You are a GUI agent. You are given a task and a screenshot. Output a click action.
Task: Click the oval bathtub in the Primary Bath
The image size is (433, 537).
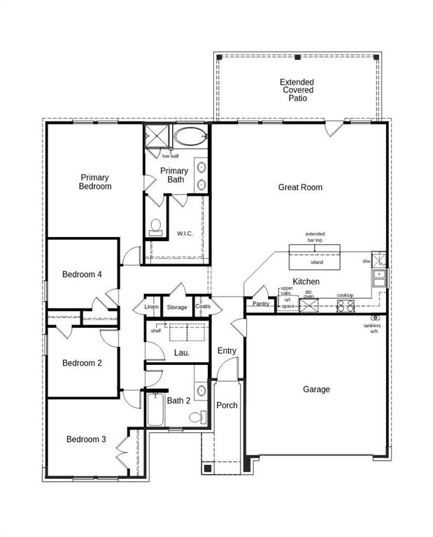(x=190, y=136)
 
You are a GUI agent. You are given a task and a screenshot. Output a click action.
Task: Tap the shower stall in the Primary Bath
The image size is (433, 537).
(x=157, y=136)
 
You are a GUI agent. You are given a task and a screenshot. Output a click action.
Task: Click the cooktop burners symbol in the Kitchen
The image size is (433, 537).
(x=346, y=305)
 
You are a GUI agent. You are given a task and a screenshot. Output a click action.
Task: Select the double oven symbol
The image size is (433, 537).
(x=308, y=306)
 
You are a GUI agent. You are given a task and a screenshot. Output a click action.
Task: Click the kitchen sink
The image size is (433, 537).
(x=378, y=278)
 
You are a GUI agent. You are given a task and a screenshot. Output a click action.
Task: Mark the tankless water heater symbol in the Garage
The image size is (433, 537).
(x=375, y=318)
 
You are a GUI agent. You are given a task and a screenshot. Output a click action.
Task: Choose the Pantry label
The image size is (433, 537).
(x=261, y=303)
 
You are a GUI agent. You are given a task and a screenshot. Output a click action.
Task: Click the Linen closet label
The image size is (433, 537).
(x=152, y=307)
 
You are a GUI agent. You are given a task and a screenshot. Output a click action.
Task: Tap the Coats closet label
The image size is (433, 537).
(x=203, y=306)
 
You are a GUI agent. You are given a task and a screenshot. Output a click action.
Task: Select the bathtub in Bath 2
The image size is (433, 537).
(x=155, y=410)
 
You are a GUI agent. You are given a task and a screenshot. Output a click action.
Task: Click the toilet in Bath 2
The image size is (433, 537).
(x=198, y=417)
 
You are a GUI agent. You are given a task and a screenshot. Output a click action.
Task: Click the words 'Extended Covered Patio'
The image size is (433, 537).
(x=298, y=90)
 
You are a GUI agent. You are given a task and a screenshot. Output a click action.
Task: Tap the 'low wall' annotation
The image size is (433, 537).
(x=170, y=156)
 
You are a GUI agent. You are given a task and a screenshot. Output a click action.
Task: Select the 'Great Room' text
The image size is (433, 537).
(x=300, y=187)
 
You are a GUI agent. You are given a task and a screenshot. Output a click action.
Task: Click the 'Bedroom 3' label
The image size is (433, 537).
(x=86, y=439)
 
